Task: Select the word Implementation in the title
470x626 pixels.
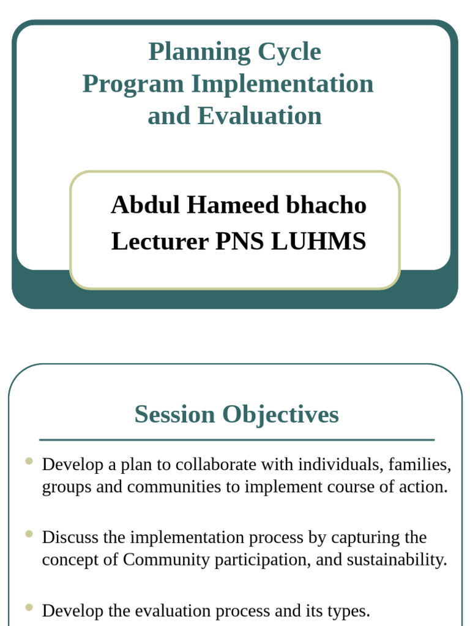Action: [x=282, y=84]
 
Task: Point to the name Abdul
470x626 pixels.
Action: [x=145, y=205]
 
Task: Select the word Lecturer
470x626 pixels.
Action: [x=160, y=241]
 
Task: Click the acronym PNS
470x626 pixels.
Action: [x=239, y=241]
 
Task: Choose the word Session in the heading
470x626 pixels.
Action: [x=174, y=414]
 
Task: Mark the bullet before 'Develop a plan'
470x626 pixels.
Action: [x=29, y=461]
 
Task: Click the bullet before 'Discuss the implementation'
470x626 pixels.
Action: [x=29, y=534]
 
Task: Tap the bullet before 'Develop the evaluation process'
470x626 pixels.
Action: [x=29, y=607]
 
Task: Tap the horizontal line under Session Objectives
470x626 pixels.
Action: [x=237, y=440]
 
